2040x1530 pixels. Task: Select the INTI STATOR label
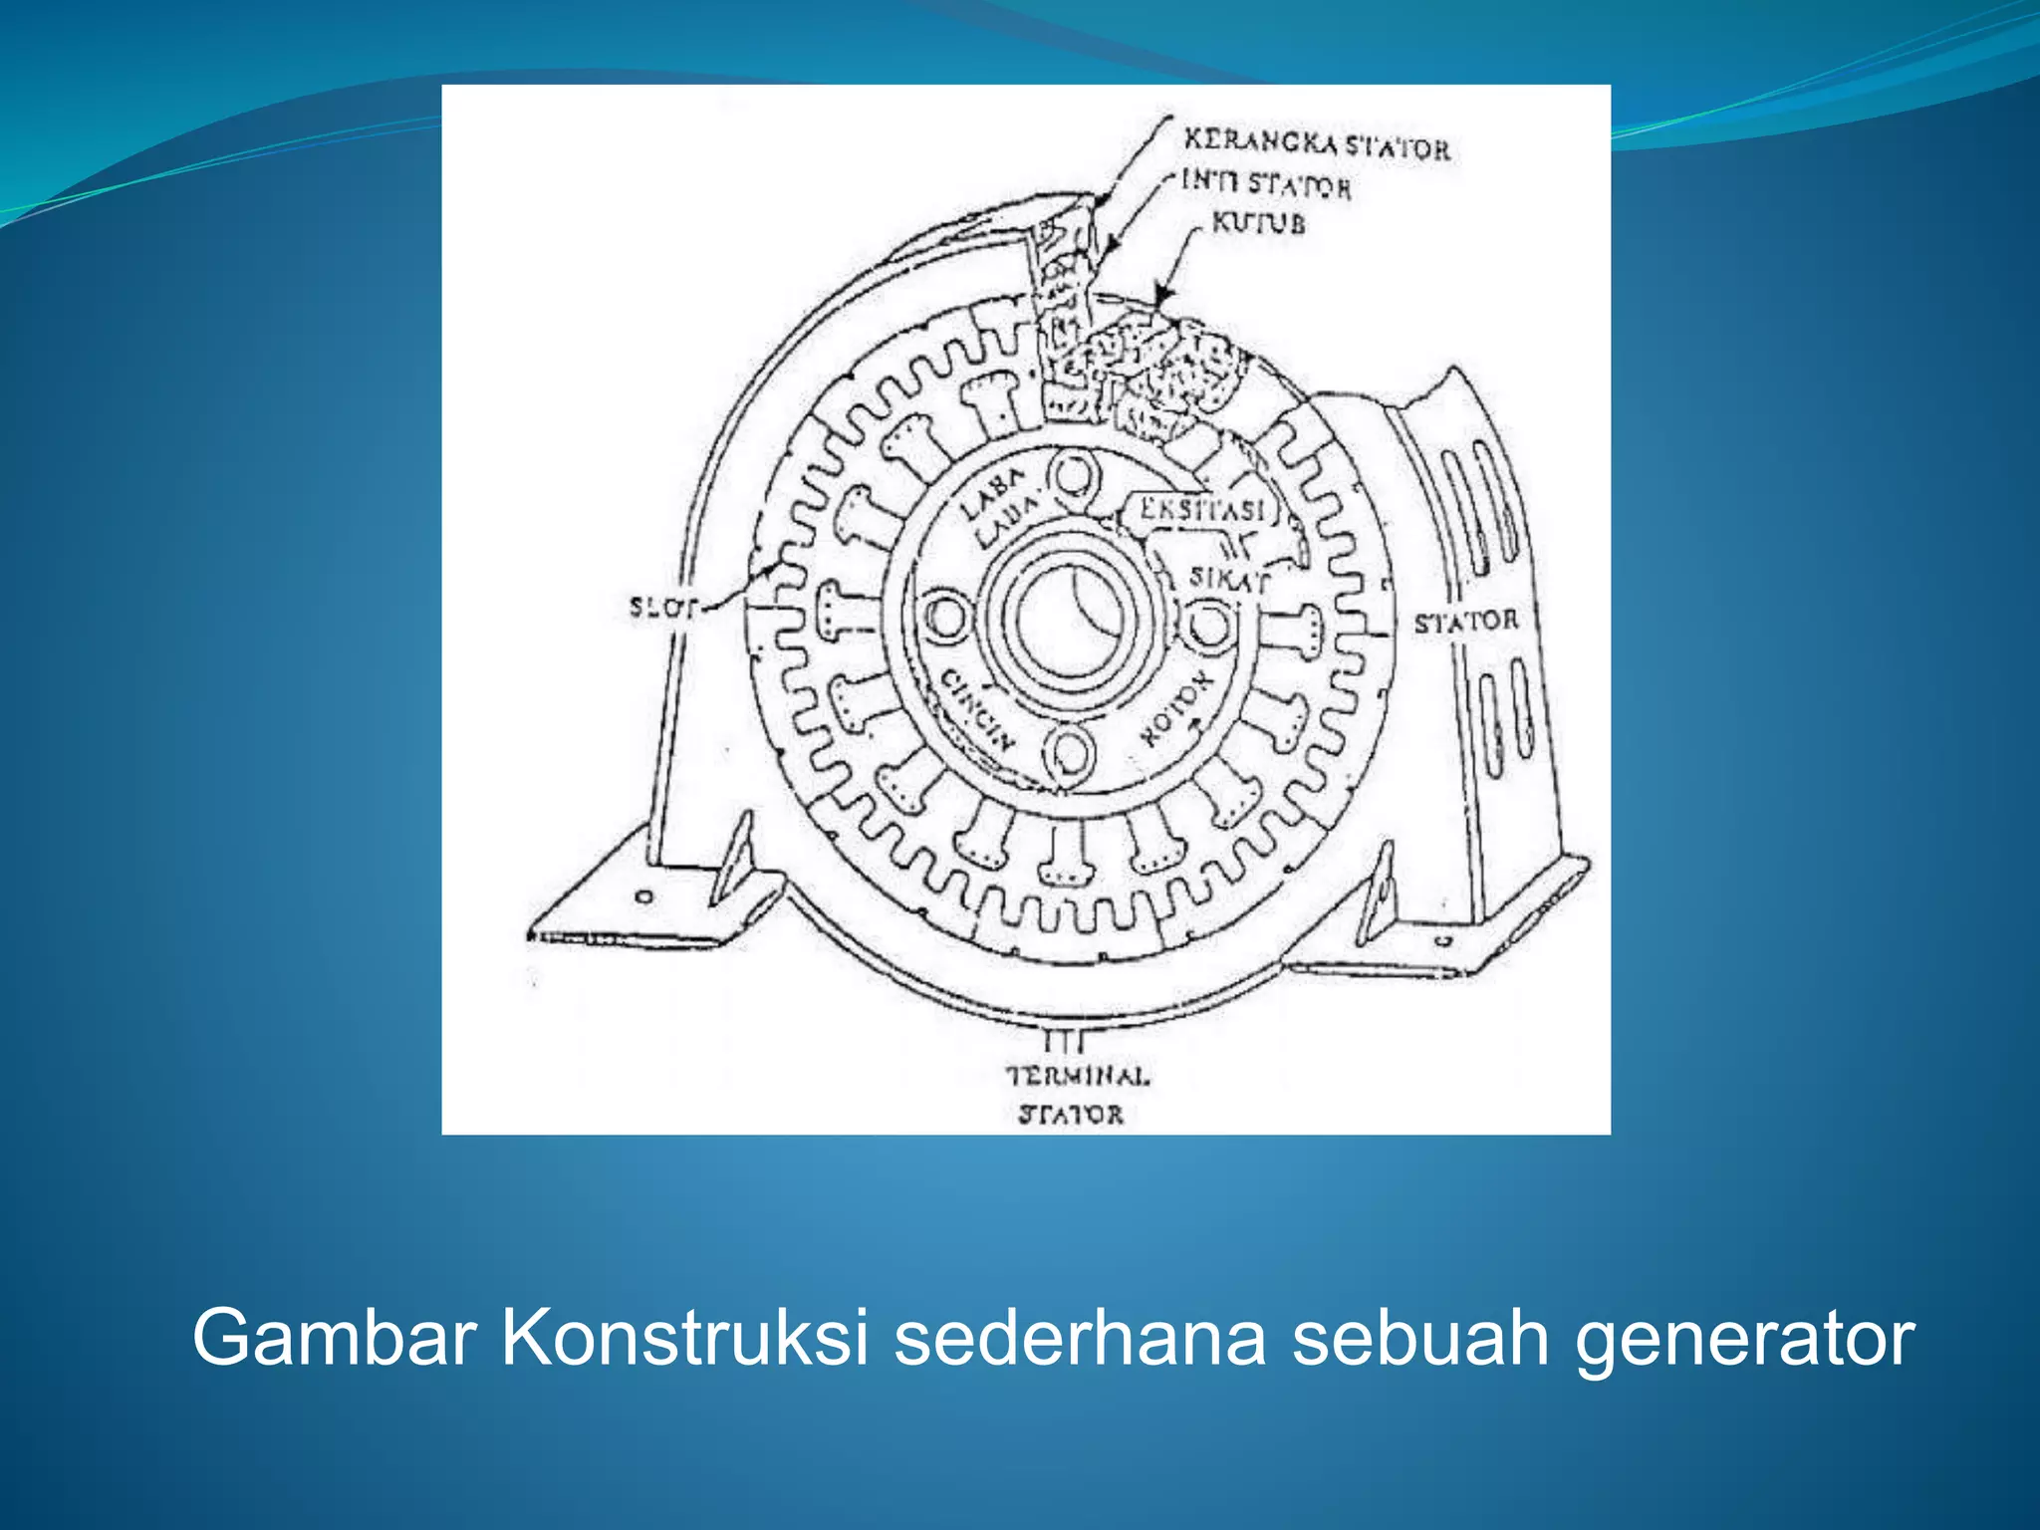[x=1266, y=184]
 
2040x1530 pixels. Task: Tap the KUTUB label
[x=1258, y=223]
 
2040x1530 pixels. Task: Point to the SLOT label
[x=661, y=607]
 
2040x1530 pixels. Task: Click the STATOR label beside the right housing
[x=1466, y=622]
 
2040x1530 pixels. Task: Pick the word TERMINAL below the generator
[x=1078, y=1076]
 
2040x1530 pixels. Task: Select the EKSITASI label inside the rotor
[x=1202, y=510]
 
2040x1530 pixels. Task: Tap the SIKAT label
[x=1229, y=578]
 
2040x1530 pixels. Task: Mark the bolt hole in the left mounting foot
[x=645, y=896]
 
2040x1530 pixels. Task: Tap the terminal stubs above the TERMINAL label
[x=1062, y=1041]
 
